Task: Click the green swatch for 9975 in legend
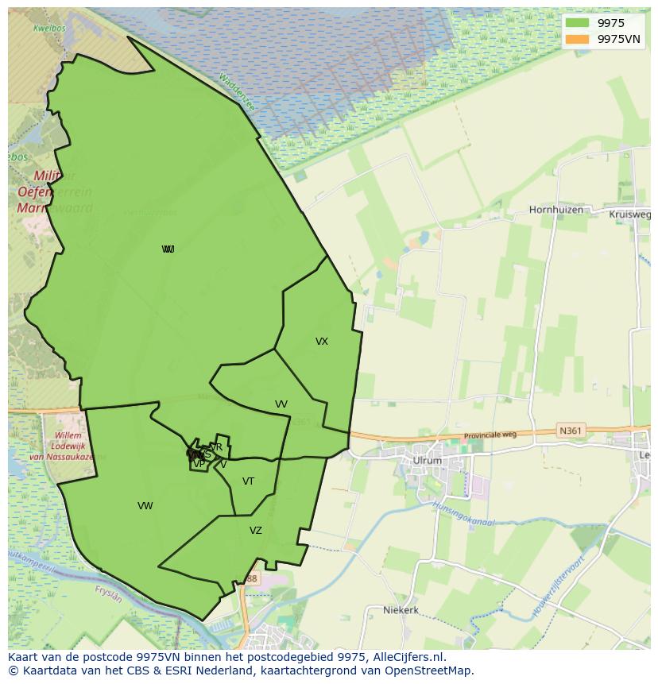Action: click(x=578, y=23)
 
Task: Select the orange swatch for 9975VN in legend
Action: click(x=578, y=39)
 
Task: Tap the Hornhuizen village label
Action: click(x=556, y=211)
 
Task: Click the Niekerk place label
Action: click(x=401, y=610)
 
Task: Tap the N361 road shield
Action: click(x=570, y=431)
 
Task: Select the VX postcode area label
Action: click(x=322, y=342)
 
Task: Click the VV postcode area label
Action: click(x=281, y=404)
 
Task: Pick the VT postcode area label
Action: click(x=249, y=481)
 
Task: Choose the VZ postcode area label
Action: click(x=256, y=531)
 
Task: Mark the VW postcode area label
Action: click(x=145, y=506)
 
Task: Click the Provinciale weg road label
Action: click(x=490, y=435)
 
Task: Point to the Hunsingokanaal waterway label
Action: click(x=463, y=514)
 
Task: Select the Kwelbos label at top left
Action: click(x=48, y=28)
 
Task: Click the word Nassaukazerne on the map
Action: click(x=62, y=458)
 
